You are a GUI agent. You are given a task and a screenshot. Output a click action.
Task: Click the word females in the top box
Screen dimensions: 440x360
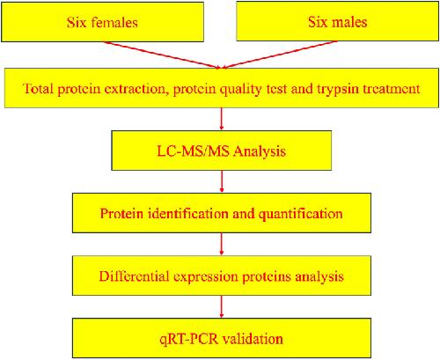(x=114, y=23)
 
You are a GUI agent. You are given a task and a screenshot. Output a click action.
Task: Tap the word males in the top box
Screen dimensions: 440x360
(x=348, y=22)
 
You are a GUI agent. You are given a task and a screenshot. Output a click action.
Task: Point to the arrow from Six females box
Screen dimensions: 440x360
(x=161, y=55)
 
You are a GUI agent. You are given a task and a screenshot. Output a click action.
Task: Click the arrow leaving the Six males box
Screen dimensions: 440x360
(x=280, y=55)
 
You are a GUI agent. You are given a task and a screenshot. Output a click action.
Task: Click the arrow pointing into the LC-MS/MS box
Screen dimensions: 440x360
(x=222, y=119)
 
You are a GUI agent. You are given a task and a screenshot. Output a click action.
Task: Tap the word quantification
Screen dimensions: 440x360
(x=301, y=214)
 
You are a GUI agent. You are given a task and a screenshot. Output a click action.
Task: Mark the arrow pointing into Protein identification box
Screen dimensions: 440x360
(x=222, y=181)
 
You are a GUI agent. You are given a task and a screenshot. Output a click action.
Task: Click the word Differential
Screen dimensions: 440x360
(x=135, y=276)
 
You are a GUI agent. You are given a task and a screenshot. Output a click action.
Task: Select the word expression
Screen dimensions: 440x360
(x=206, y=277)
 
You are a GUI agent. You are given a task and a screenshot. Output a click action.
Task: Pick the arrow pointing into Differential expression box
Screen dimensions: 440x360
(x=222, y=244)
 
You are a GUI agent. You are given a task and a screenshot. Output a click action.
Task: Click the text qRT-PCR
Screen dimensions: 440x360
(x=189, y=340)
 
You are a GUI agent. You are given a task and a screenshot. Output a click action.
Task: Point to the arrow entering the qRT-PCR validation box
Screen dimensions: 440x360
(x=222, y=306)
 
